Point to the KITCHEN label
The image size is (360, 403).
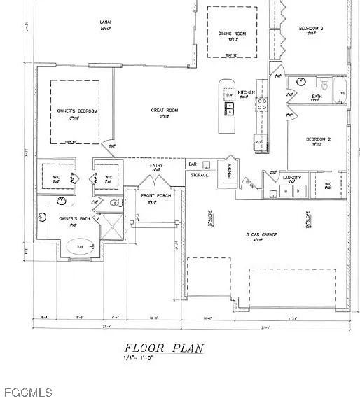click(246, 92)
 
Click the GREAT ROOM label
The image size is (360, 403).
click(165, 110)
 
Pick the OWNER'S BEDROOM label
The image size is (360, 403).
click(76, 111)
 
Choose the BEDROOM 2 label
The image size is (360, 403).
click(318, 139)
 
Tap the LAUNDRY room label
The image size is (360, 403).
click(291, 178)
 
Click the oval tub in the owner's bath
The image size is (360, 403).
click(79, 247)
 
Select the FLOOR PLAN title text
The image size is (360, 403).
click(164, 348)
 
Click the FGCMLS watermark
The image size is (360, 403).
click(26, 393)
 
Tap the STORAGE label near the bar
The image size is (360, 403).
click(198, 174)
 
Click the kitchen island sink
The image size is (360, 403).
click(229, 108)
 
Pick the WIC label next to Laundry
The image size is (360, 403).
click(328, 185)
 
